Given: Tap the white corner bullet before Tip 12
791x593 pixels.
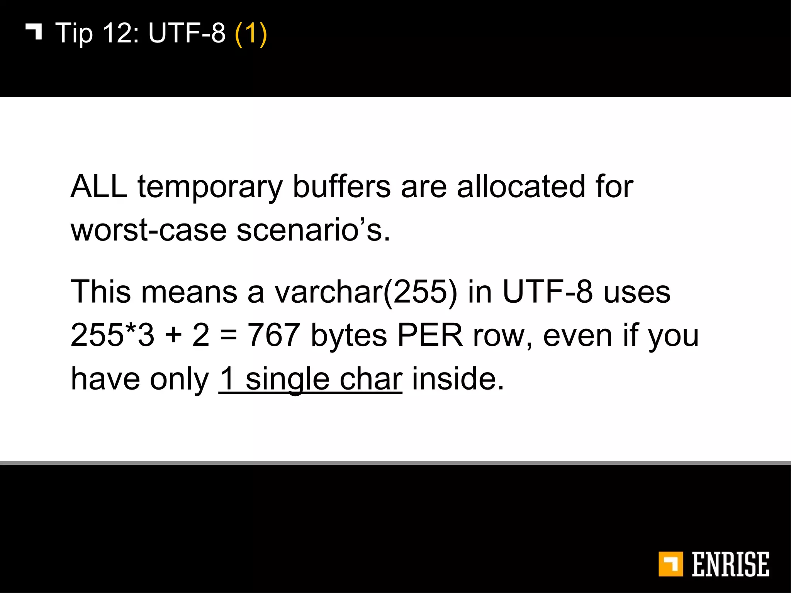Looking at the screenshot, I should coord(34,31).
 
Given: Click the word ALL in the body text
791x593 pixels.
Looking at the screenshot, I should coord(99,186).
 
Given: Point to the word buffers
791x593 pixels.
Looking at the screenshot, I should coord(342,186).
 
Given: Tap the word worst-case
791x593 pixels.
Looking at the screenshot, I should coord(148,230).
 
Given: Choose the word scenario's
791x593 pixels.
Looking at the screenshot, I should coord(313,230).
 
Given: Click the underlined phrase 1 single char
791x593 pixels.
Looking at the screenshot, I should coord(310,379).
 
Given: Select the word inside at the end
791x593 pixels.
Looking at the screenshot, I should coord(458,379).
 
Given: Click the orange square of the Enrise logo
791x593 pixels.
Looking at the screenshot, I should coord(670,564).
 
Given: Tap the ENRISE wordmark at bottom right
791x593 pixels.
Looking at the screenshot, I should coord(730,564).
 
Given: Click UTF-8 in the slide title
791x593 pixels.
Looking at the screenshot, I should coord(187,33).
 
